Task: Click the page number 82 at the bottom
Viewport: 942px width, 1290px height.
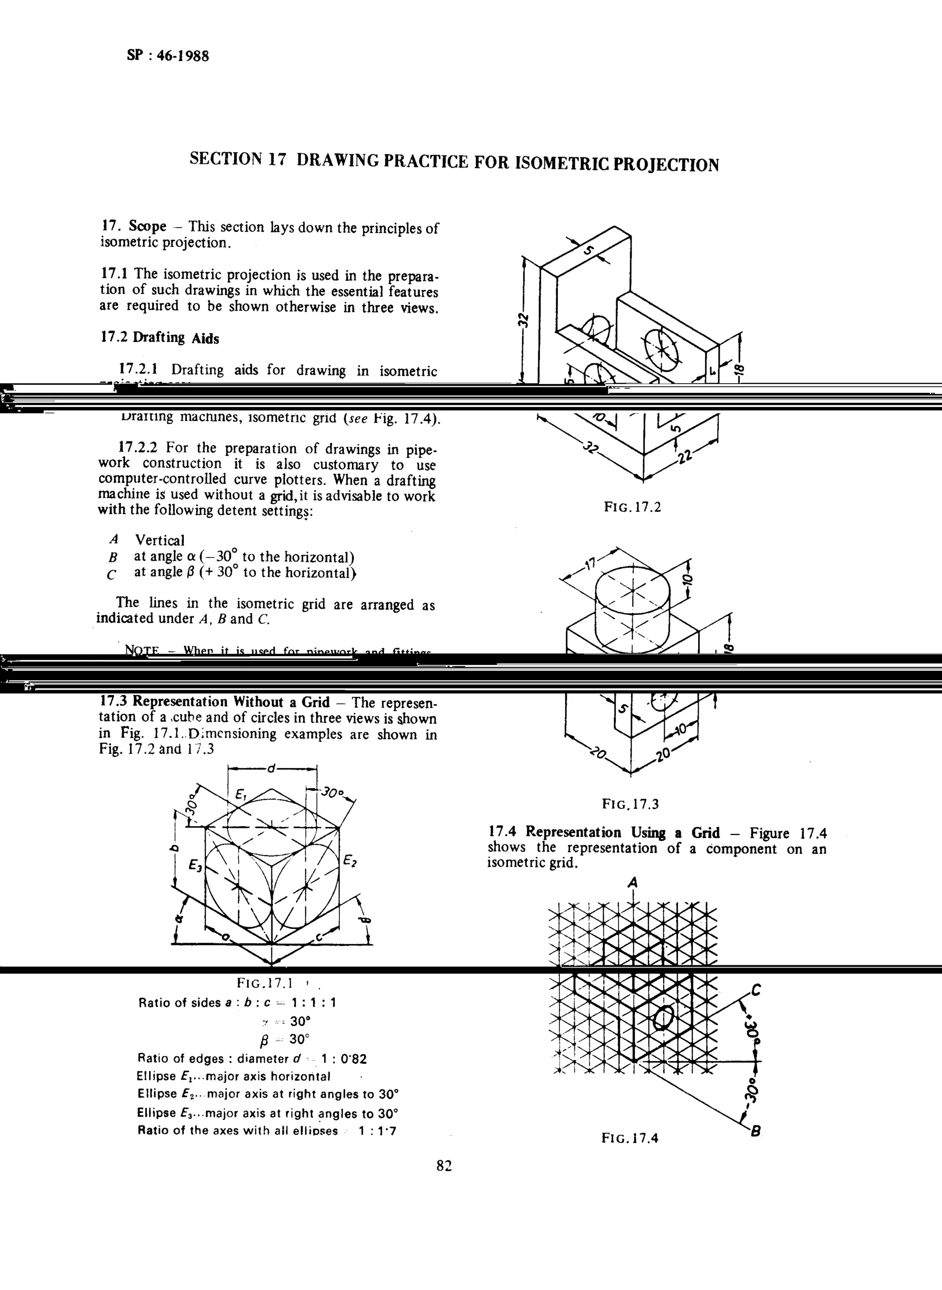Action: point(443,1166)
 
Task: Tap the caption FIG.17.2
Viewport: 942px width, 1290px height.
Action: point(632,507)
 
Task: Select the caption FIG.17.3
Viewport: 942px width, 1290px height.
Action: point(630,804)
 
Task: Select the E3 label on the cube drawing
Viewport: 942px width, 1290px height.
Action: point(195,866)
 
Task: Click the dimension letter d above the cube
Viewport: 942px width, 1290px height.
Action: point(271,769)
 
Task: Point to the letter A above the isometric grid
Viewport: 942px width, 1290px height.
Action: point(632,883)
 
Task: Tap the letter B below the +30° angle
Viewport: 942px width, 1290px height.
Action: point(756,1131)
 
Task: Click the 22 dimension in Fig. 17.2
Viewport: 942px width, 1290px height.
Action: point(686,457)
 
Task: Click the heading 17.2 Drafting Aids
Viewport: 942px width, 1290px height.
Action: point(160,338)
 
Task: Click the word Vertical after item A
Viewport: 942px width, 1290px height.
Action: point(160,540)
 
